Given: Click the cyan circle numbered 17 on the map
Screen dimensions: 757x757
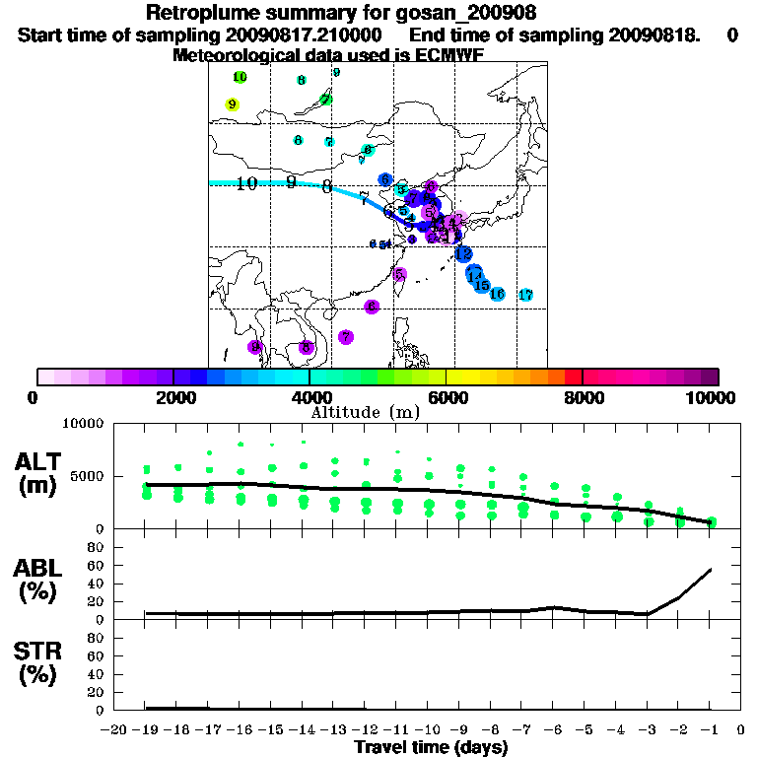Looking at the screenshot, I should click(525, 295).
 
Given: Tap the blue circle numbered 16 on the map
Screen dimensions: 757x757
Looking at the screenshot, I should click(497, 294).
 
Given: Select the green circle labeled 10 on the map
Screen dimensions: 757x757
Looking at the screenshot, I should click(240, 77).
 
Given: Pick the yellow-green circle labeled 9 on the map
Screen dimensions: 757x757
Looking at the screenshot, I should click(233, 104).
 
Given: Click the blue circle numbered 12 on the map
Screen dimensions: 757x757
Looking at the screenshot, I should click(463, 254).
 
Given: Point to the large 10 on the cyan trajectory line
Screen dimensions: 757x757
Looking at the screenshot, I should click(246, 183).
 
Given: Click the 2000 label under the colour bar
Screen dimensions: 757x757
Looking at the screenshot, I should click(172, 397).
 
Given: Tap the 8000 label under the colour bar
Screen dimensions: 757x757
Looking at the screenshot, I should click(582, 397).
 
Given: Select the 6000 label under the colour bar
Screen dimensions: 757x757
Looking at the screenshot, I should click(446, 397).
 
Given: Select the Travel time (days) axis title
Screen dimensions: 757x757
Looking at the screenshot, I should click(431, 748).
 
